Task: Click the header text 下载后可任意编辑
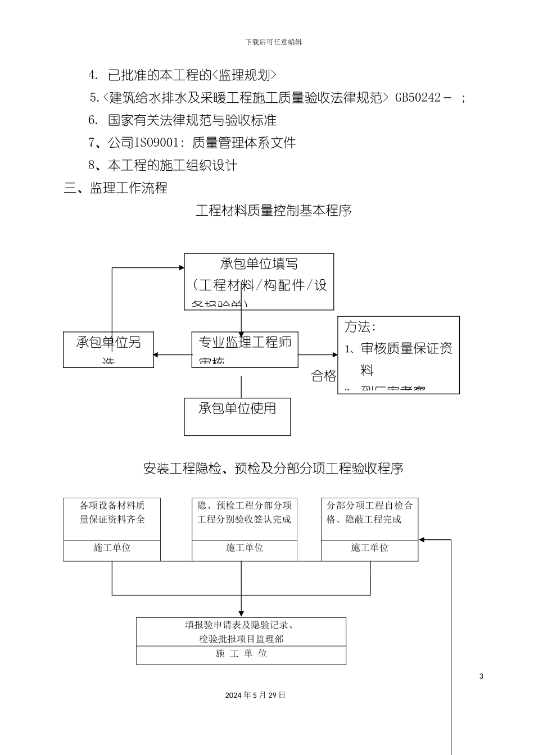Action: coord(273,42)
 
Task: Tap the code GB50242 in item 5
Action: coord(418,97)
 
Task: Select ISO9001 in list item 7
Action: coord(155,143)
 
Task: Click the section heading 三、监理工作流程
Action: coord(116,188)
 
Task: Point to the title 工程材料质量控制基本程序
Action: coord(273,211)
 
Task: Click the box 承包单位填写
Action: coord(259,264)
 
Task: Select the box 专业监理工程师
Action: coord(245,342)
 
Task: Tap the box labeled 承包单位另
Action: coord(108,342)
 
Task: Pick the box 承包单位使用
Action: coord(237,408)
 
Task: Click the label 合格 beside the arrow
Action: coord(323,376)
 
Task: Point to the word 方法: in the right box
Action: coord(360,326)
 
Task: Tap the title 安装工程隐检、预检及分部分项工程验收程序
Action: coord(273,468)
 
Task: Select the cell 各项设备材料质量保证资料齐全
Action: coord(112,512)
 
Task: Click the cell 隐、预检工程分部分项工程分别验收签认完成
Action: coord(245,512)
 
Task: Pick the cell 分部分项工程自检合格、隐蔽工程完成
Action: coord(369,512)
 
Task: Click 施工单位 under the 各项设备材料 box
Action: coord(112,548)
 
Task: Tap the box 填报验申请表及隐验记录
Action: coord(241,631)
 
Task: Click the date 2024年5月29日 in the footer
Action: coord(255,695)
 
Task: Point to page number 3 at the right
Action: coord(481,676)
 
